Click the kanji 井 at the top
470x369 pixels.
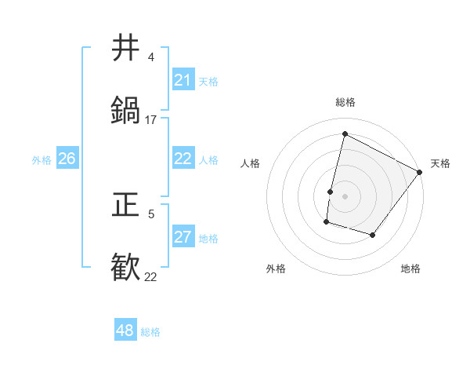(126, 48)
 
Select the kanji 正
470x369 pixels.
(126, 205)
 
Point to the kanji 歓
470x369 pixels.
(126, 268)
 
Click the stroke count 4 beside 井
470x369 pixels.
(150, 57)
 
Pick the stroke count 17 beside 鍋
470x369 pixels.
(151, 120)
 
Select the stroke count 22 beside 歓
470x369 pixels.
(151, 277)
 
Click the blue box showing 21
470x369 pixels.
(183, 80)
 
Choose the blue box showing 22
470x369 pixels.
(183, 159)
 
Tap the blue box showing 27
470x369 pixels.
(183, 237)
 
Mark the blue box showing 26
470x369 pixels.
(67, 159)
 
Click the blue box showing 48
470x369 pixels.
(125, 331)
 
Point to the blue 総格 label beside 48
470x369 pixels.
(150, 332)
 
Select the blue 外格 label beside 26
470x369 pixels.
(42, 160)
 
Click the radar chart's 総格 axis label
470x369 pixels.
(345, 102)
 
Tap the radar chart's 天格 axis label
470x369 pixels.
(440, 163)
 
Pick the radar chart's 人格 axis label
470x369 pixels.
(250, 163)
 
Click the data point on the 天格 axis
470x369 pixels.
(420, 172)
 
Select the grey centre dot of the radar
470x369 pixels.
(345, 196)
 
